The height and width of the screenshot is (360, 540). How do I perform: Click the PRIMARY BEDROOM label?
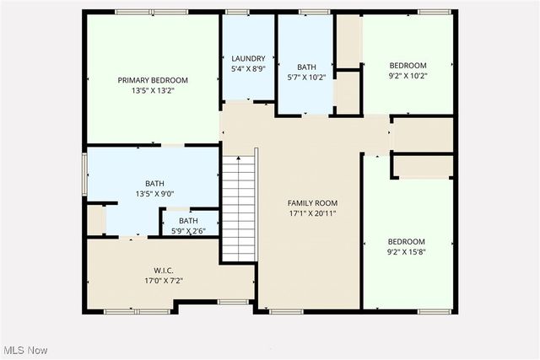tap(153, 80)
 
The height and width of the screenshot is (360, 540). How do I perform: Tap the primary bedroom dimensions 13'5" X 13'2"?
tap(153, 92)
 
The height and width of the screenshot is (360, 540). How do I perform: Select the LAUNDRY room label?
tap(248, 58)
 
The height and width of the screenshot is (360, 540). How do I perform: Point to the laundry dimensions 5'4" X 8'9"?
tap(248, 69)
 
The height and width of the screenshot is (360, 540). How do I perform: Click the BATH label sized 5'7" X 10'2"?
tap(305, 67)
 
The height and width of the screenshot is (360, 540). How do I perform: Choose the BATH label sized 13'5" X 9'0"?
tap(154, 183)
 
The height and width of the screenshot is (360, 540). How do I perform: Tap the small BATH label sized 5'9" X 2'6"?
tap(188, 221)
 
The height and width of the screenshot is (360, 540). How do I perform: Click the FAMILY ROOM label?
tap(312, 203)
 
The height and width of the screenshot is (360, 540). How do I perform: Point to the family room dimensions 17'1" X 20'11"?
tap(312, 214)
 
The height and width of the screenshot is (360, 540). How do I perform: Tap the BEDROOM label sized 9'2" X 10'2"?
tap(408, 65)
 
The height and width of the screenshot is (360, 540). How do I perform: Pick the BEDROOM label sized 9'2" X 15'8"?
tap(407, 241)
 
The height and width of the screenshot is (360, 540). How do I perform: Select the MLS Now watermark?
tap(24, 350)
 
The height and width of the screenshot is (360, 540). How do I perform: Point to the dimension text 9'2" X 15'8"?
tap(407, 252)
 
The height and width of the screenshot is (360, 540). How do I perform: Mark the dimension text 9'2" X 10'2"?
tap(408, 76)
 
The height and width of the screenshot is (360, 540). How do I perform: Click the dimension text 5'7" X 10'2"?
tap(305, 78)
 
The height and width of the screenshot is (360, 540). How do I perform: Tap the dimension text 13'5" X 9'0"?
tap(154, 194)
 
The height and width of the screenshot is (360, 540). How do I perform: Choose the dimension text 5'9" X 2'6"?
tap(188, 231)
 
